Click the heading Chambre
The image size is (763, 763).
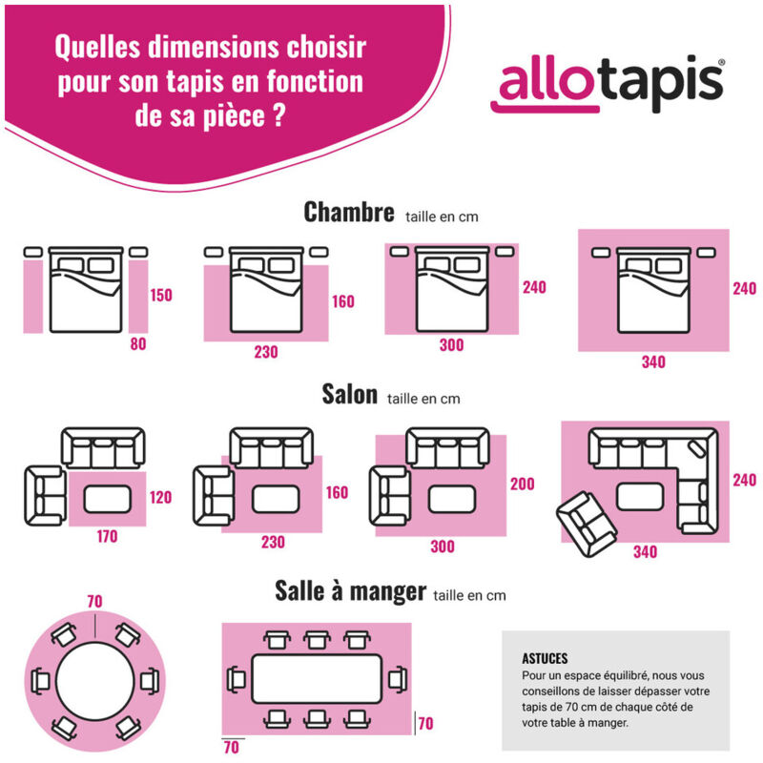[x=348, y=213]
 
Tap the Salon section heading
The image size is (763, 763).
[x=349, y=395]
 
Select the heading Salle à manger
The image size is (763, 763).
[x=350, y=591]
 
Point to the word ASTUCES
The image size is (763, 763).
[x=545, y=658]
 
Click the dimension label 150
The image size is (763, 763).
[x=161, y=295]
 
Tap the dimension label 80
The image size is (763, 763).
[x=138, y=344]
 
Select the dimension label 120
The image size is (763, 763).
[x=161, y=497]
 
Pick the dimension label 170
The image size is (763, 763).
[x=107, y=537]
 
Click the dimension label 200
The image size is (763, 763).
[x=522, y=485]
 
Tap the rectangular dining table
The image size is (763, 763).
[x=317, y=680]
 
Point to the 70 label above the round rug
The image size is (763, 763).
[x=93, y=602]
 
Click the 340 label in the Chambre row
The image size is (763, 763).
[x=653, y=362]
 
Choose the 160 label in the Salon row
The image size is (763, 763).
[x=338, y=493]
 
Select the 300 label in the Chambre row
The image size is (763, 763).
[x=451, y=345]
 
